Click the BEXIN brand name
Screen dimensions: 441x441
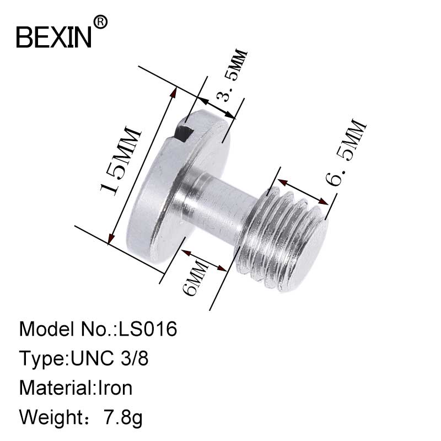coord(54,37)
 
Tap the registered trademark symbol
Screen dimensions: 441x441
coord(100,22)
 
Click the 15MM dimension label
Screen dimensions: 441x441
coord(120,161)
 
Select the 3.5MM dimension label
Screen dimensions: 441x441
coord(232,76)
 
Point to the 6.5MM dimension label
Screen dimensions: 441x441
coord(346,153)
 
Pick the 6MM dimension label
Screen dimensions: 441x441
coord(196,277)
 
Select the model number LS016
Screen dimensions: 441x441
coord(148,329)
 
